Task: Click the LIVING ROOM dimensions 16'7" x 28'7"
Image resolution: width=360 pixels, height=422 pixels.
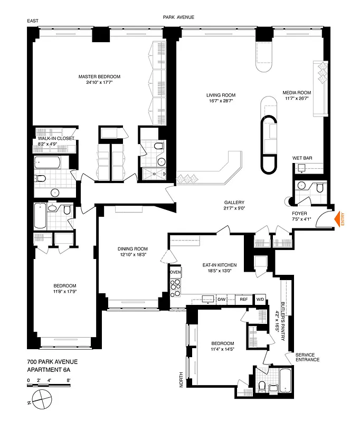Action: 221,102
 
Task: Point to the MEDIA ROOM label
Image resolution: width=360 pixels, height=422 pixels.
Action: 297,92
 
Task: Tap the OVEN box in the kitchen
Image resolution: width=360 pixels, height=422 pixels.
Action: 175,273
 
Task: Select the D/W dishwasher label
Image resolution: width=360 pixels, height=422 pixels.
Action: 222,299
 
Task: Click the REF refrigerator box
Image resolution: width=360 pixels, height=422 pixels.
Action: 243,299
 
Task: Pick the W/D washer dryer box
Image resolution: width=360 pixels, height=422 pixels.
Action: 260,299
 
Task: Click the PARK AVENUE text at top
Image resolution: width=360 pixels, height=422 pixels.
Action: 178,17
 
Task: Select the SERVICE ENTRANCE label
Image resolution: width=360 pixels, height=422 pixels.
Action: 307,357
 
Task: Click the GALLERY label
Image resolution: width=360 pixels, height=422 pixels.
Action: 234,203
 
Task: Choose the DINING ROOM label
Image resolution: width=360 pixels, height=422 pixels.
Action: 132,249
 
